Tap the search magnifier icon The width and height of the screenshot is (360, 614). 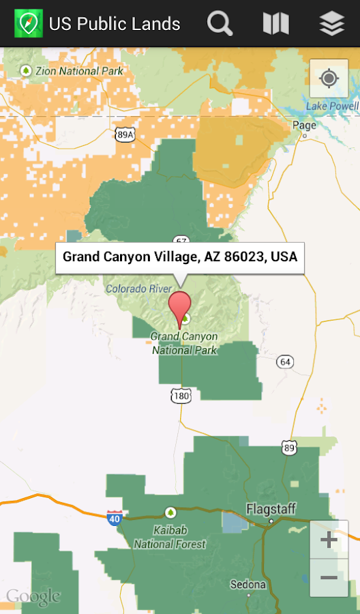220,24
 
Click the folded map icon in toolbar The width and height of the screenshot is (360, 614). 275,24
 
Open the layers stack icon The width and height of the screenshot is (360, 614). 331,24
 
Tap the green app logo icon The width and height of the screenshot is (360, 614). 28,24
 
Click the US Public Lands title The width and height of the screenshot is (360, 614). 115,25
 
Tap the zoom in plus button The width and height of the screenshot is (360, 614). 329,540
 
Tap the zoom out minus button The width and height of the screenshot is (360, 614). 329,577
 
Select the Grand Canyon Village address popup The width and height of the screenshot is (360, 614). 180,257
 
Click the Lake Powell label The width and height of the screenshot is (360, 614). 332,106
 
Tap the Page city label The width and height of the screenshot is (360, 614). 304,125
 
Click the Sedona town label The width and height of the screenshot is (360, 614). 247,585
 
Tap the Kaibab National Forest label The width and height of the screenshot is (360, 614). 170,537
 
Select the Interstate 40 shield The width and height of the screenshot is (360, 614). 115,518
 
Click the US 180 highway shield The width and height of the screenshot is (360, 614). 181,396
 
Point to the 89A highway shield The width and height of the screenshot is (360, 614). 125,135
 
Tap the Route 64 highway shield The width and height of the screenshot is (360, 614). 284,361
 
